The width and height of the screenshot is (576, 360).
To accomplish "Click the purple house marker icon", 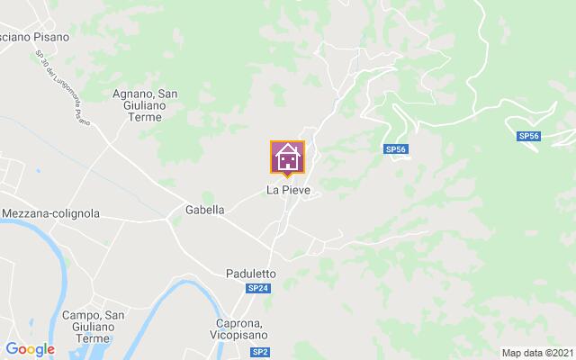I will pyautogui.click(x=287, y=157).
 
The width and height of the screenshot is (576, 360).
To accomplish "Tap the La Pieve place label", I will pyautogui.click(x=288, y=191).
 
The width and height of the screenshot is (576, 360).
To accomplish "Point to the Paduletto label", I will pyautogui.click(x=250, y=272).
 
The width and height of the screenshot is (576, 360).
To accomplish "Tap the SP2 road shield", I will pyautogui.click(x=260, y=352).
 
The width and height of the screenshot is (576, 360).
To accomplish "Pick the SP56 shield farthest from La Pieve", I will pyautogui.click(x=528, y=136).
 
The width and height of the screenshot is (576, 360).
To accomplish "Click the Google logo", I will pyautogui.click(x=30, y=348).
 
